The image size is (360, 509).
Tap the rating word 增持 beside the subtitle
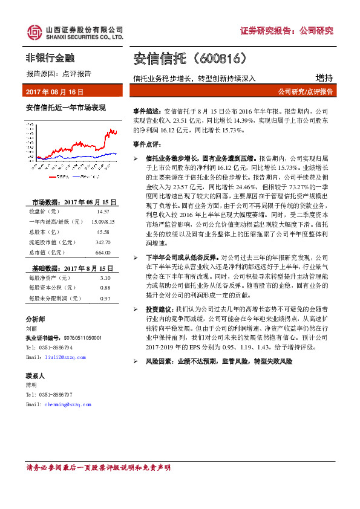(324, 77)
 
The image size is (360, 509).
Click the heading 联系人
(35, 375)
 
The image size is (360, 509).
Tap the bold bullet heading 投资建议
(160, 309)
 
